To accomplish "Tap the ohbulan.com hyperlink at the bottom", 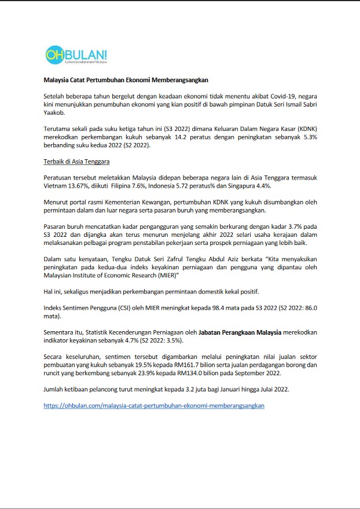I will pyautogui.click(x=154, y=406).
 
